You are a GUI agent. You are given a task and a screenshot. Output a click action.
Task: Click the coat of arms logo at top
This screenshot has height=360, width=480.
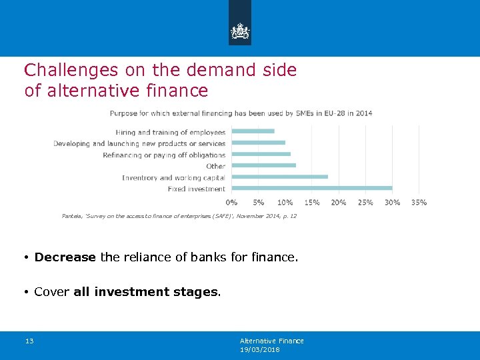coord(240,31)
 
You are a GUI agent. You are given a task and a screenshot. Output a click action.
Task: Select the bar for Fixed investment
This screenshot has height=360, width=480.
coord(311,188)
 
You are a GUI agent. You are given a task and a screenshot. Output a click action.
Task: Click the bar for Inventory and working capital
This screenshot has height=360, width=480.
coord(279,177)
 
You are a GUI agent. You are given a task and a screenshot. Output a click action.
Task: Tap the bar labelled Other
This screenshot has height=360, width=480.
coord(263,165)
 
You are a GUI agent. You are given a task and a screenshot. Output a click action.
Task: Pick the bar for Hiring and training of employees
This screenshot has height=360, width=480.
coord(253,131)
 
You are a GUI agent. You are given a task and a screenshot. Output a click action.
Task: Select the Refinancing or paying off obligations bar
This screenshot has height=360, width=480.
coord(261,154)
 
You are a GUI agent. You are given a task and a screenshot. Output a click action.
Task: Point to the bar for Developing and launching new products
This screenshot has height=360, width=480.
coord(258,143)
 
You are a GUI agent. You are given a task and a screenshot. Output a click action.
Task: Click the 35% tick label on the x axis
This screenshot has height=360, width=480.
coord(419,202)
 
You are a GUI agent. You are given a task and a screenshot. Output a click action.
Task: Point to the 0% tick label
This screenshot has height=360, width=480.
coord(231,202)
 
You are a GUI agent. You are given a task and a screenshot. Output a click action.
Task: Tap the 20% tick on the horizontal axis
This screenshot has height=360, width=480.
coord(339,202)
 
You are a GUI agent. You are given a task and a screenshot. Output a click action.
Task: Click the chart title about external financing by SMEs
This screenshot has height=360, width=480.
coord(241,113)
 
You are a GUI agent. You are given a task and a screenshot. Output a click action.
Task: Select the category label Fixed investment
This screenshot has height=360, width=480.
coord(197,189)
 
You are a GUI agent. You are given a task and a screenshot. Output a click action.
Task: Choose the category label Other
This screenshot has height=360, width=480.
coord(215,166)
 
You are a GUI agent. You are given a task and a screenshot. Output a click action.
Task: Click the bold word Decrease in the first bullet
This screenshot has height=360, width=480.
coord(65,257)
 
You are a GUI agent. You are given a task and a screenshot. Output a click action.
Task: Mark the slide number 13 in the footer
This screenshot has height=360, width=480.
coord(29,341)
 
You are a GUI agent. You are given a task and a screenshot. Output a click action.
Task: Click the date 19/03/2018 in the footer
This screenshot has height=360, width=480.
coord(259,349)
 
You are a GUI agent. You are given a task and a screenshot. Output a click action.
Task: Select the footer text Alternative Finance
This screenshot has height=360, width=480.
coord(271,341)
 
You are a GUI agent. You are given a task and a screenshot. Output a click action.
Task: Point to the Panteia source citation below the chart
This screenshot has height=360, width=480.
coord(179,216)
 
